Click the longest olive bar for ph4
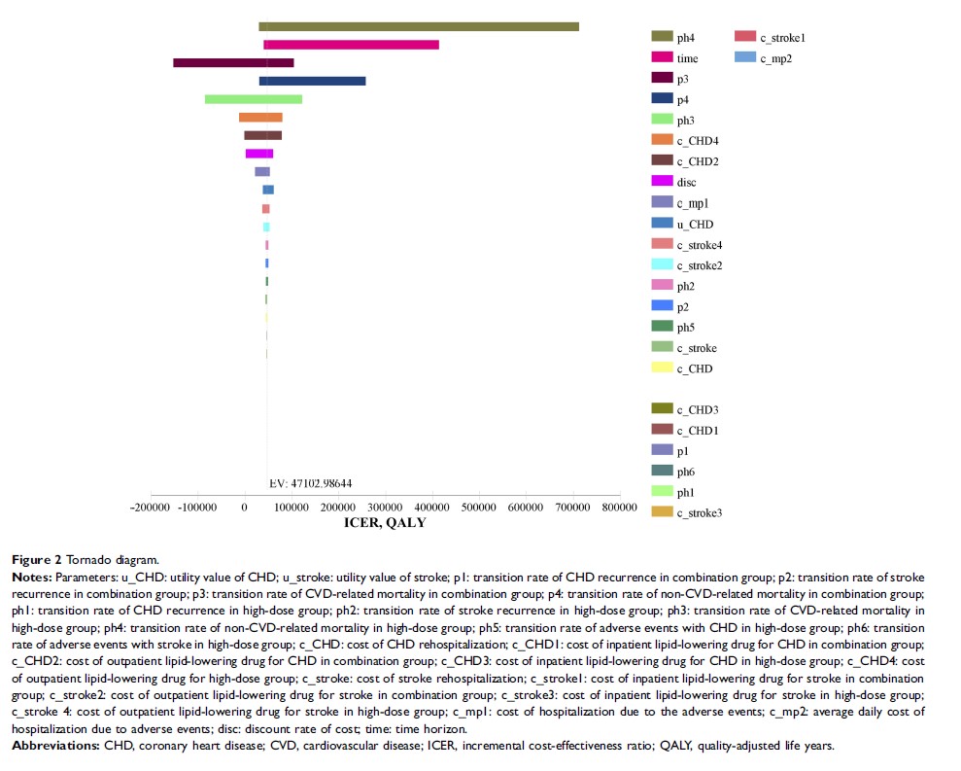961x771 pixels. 418,27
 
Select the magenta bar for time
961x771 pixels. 351,45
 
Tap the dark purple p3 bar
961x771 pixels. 233,63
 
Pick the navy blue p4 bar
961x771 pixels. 312,81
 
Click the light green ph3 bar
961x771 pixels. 254,99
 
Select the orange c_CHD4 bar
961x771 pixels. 260,118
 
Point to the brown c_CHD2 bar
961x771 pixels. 262,135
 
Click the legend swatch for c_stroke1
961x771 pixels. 745,37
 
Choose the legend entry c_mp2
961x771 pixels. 776,58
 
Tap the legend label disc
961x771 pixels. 686,183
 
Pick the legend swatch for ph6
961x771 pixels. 662,471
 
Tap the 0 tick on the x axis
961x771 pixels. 244,508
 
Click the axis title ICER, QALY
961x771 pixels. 385,523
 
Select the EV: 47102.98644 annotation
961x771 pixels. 310,483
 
